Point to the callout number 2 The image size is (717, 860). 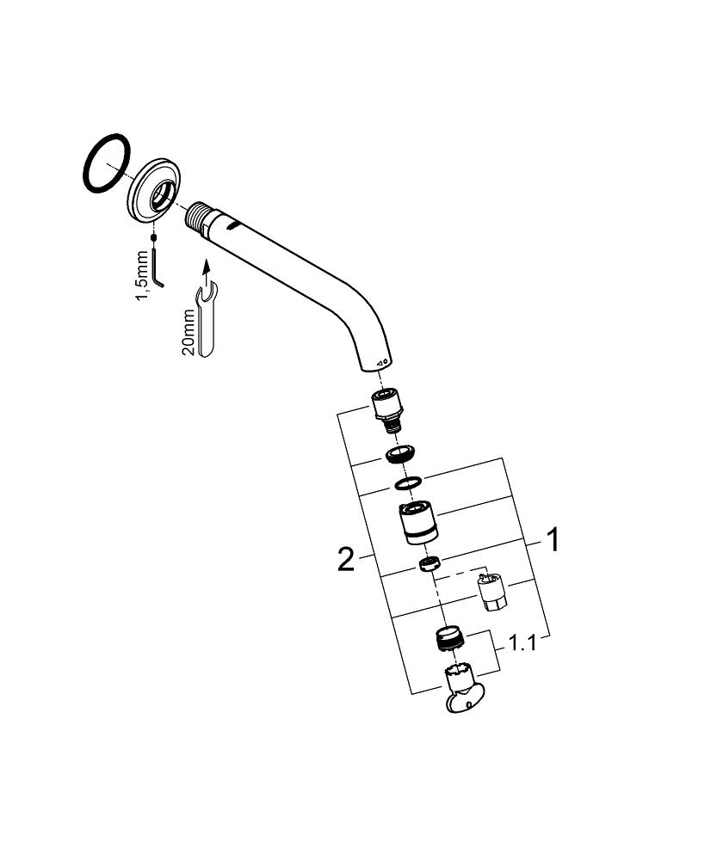tap(345, 560)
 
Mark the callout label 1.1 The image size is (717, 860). tap(522, 642)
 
